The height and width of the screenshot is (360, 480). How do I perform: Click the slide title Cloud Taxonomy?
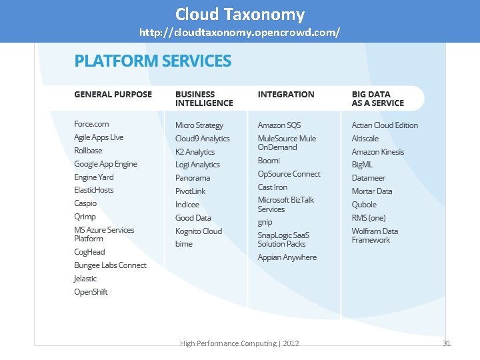tap(240, 14)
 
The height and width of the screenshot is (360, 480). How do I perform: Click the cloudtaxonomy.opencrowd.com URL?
tap(239, 32)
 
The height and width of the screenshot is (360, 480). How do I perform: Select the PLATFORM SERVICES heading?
tap(153, 61)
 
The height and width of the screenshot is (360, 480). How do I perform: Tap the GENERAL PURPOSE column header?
tap(113, 95)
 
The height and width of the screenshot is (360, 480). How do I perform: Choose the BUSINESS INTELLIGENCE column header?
tap(204, 99)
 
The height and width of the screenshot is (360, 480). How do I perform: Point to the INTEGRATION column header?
tap(285, 95)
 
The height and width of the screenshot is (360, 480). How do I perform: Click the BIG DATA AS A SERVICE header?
tap(377, 99)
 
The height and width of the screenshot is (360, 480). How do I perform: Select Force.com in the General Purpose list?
tap(91, 124)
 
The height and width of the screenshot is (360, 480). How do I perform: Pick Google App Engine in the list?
tap(105, 164)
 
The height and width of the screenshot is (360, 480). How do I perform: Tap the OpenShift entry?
tap(91, 292)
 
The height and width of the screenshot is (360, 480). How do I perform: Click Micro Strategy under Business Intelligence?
tap(199, 125)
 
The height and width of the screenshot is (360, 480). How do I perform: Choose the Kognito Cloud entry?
tap(198, 231)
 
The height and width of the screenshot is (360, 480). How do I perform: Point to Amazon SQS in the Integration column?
tap(279, 125)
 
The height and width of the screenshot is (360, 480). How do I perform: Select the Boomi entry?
tap(269, 161)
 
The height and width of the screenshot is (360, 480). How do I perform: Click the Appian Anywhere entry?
tap(287, 257)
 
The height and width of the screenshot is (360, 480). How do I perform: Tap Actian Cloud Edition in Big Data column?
tap(385, 125)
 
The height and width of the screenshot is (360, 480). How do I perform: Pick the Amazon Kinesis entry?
tap(377, 152)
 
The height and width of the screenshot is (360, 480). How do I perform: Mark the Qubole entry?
tap(364, 205)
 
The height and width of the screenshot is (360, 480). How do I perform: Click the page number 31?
tap(447, 343)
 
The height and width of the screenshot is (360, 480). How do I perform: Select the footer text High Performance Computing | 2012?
tap(239, 343)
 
